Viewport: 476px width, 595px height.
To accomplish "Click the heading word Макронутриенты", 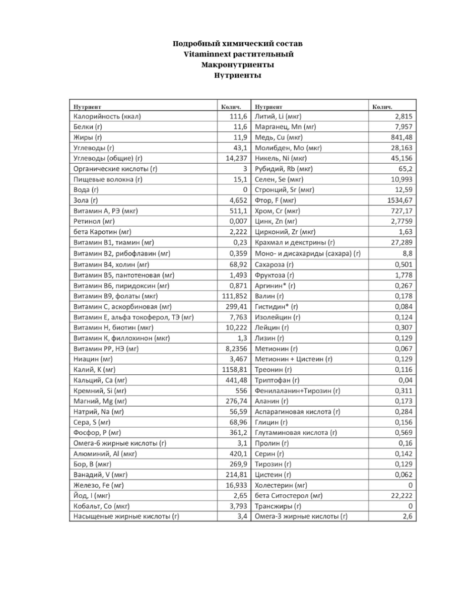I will (x=238, y=65).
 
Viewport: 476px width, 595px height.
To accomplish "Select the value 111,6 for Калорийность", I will (x=237, y=116).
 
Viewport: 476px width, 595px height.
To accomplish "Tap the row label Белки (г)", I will (x=88, y=127).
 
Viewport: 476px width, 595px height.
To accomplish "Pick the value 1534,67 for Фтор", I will (x=398, y=201).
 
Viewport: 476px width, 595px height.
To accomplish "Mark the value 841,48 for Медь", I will (x=401, y=138).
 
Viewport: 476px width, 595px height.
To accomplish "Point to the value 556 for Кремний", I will (x=241, y=390).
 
